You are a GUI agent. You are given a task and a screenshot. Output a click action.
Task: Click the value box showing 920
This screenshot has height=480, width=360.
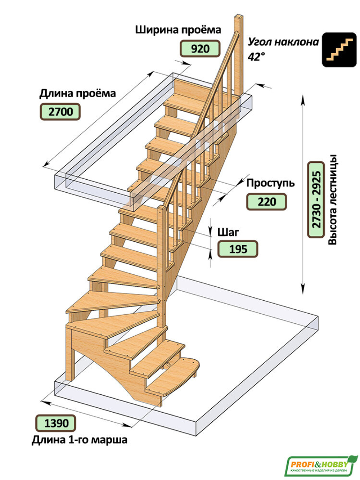pos(200,48)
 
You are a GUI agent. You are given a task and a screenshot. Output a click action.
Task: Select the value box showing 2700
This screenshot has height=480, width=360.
pos(60,112)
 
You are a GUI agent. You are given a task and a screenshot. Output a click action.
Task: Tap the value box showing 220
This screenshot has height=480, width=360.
pos(266,202)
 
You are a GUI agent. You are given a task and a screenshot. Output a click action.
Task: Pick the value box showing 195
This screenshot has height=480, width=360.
pos(238,249)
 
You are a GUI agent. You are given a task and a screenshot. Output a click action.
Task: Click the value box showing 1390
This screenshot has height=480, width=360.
pos(56,423)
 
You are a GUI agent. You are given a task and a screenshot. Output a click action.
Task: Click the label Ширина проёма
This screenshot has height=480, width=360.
pos(178,30)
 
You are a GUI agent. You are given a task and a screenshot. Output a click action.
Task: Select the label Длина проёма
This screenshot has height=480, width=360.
pos(77,94)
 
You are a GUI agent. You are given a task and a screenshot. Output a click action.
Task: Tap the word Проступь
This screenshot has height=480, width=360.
pos(270,183)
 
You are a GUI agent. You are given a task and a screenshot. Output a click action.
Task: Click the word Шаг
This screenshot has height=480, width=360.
pos(228,232)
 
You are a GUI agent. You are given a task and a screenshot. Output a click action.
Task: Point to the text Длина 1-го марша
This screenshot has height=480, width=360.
pos(79,440)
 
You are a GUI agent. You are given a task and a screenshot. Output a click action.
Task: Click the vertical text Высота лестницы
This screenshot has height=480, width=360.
pos(333,200)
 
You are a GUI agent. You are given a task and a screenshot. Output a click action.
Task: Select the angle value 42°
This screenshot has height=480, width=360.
pos(256,56)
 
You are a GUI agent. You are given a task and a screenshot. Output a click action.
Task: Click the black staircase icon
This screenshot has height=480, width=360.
pos(339,50)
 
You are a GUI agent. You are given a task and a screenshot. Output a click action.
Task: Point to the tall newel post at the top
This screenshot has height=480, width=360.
pos(239,54)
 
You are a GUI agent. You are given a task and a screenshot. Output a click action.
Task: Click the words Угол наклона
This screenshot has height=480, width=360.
pos(283,42)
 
